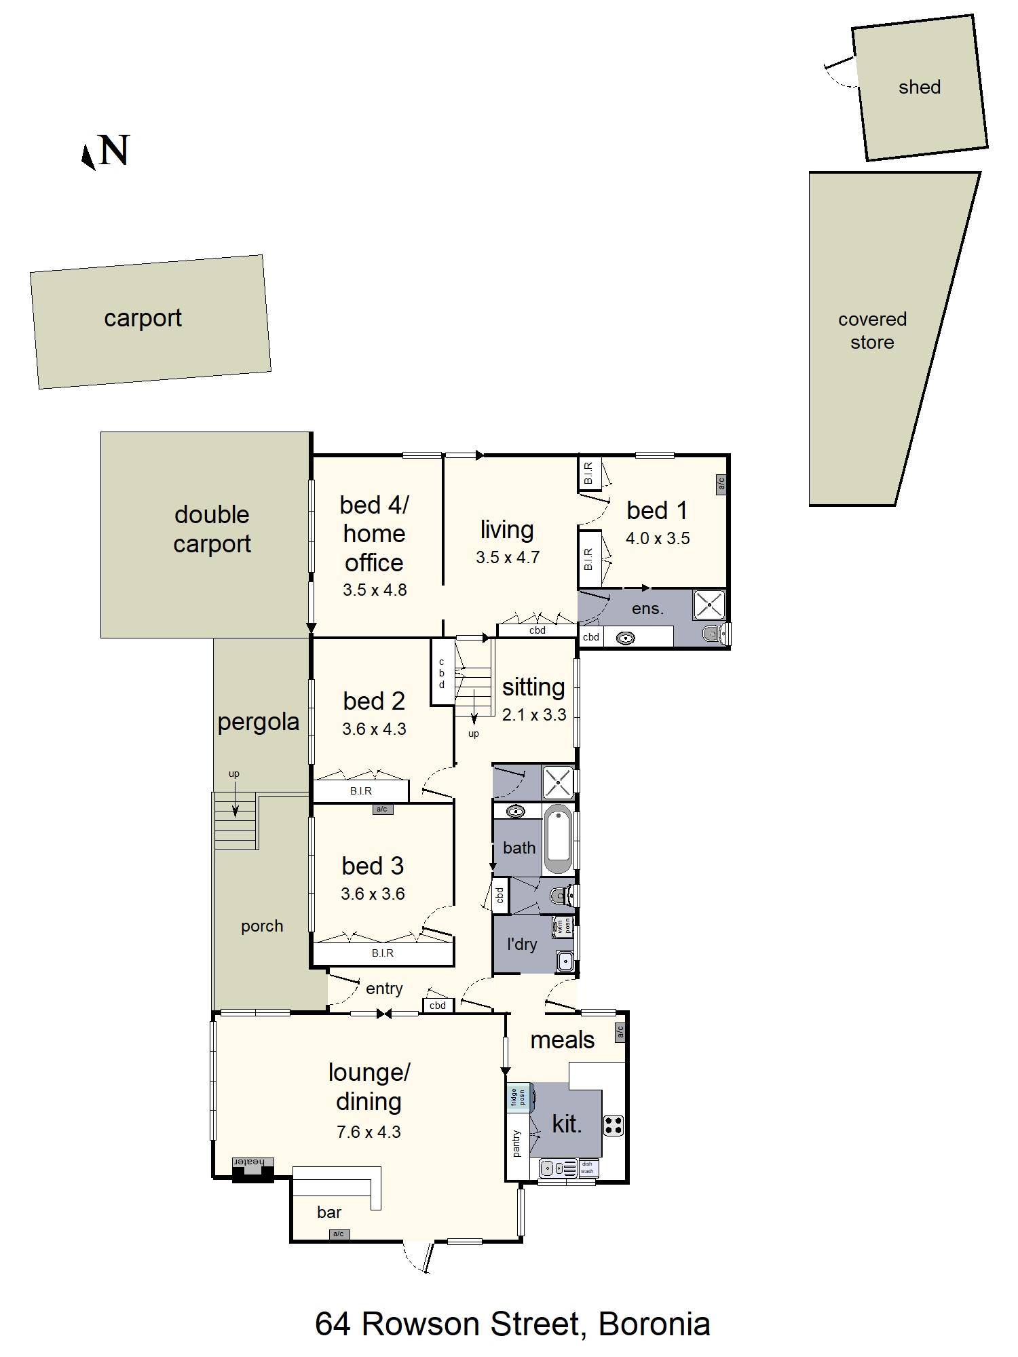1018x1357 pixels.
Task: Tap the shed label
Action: click(919, 87)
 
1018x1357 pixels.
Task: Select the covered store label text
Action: click(872, 330)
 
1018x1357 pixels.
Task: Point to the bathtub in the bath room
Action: click(559, 839)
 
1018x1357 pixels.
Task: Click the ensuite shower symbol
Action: click(709, 605)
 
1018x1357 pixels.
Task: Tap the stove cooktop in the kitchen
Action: click(614, 1126)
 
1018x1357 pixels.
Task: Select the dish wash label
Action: click(588, 1168)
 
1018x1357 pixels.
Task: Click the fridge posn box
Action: click(518, 1097)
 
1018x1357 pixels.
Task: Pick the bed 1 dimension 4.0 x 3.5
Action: click(657, 539)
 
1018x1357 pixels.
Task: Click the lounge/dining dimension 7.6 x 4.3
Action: click(369, 1132)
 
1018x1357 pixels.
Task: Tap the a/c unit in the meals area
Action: click(620, 1032)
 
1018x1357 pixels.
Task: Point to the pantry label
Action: click(516, 1143)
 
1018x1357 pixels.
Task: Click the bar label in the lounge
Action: click(329, 1212)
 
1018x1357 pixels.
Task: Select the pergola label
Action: click(258, 722)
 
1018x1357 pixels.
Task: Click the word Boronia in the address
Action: click(654, 1324)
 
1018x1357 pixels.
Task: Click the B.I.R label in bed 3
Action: click(382, 953)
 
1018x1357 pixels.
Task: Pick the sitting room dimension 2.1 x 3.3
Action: click(533, 714)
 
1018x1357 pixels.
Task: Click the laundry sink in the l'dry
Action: click(564, 960)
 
